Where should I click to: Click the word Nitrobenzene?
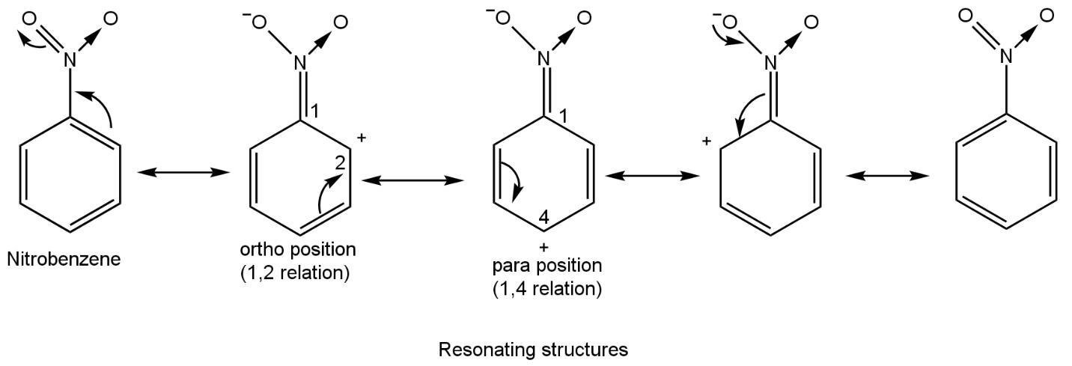64,260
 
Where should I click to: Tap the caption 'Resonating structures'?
533,350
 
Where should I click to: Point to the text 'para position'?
547,266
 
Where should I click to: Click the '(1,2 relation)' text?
295,272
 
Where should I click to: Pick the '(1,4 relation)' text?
547,288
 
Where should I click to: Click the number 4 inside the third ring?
544,219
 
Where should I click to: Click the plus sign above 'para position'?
544,247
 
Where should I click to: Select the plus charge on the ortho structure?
362,138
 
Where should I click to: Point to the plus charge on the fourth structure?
705,141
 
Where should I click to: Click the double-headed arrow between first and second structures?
184,173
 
